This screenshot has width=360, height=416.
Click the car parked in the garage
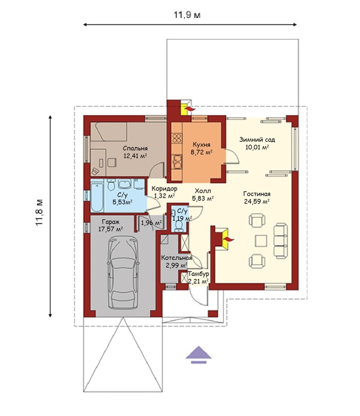point(123,273)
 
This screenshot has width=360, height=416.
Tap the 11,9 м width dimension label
point(187,14)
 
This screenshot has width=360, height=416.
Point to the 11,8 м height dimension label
point(40,213)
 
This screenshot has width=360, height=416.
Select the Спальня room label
point(135,148)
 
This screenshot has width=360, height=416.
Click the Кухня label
point(202,145)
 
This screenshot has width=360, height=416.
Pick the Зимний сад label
point(257,139)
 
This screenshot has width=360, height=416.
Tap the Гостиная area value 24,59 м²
point(257,201)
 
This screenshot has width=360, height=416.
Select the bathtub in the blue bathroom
point(97,196)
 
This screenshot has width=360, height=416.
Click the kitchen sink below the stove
point(177,162)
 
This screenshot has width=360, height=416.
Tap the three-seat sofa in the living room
point(280,241)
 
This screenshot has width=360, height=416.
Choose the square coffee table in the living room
point(261,241)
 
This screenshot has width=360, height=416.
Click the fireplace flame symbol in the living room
point(229,240)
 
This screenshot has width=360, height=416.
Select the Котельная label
point(176,258)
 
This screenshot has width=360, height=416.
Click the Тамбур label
point(199,274)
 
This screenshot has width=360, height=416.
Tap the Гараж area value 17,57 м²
point(110,229)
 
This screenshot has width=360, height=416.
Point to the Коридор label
point(164,189)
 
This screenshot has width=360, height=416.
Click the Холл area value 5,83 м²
point(203,198)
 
